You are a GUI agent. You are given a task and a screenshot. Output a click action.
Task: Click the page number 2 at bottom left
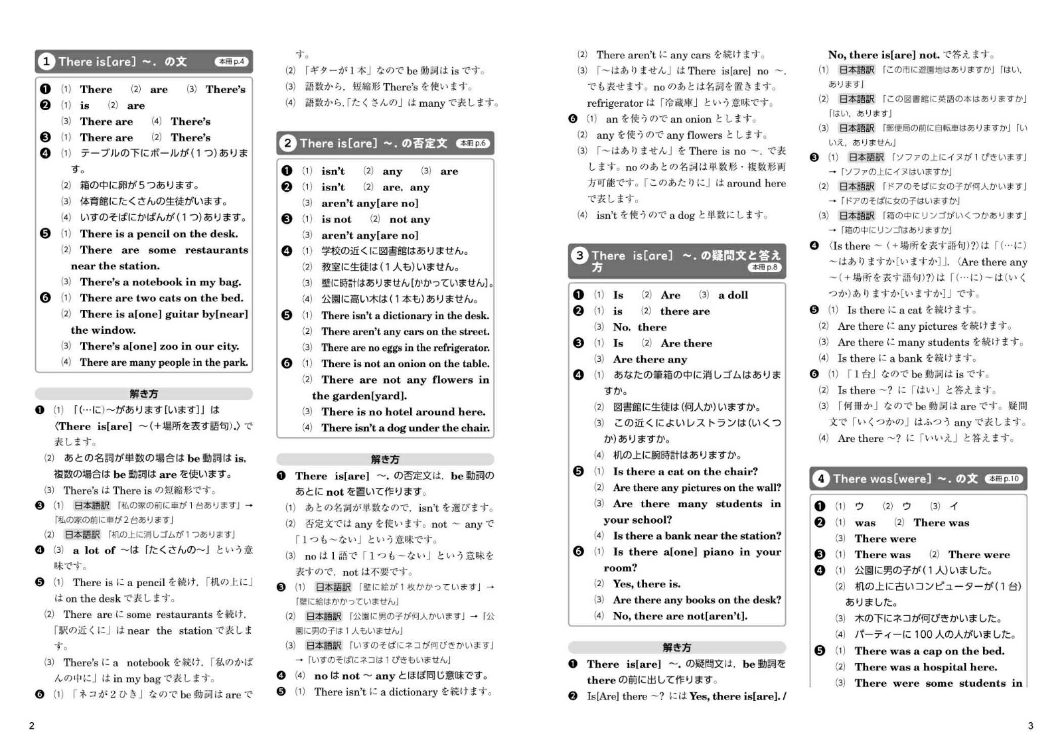click(31, 725)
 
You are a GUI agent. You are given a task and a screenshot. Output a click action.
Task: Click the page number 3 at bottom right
click(1030, 725)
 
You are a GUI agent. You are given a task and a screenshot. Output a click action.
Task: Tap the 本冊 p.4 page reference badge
click(232, 62)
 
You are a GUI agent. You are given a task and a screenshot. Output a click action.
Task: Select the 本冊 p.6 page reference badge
click(473, 143)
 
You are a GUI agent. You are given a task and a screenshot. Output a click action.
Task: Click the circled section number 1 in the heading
click(46, 62)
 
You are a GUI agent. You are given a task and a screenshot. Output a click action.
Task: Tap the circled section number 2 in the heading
click(287, 143)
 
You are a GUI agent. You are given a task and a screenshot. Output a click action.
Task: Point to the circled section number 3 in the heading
click(579, 256)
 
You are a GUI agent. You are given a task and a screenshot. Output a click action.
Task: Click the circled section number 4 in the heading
click(821, 479)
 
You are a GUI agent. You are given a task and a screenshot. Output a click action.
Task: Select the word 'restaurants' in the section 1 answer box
click(216, 250)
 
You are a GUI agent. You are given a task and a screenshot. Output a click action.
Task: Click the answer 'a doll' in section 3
click(733, 295)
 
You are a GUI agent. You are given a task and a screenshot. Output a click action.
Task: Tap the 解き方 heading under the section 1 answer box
click(144, 394)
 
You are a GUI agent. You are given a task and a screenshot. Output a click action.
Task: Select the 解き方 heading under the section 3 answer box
click(677, 648)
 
